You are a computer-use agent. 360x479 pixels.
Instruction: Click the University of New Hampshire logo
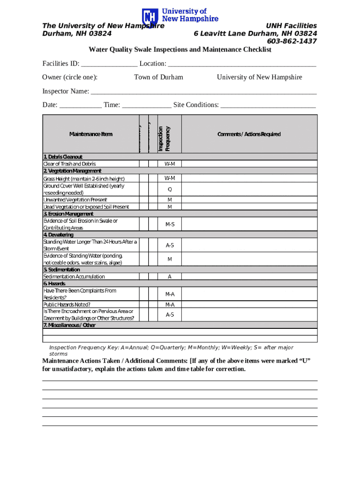pos(180,17)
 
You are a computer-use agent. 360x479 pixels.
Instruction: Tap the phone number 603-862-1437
pos(291,41)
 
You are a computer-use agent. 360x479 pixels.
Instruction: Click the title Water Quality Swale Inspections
pos(180,50)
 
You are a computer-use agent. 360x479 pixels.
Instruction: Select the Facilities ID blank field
pos(109,64)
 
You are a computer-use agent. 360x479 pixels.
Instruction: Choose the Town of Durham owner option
pos(158,77)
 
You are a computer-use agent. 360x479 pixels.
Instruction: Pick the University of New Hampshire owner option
pos(259,77)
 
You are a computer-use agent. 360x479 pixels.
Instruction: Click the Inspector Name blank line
pos(203,92)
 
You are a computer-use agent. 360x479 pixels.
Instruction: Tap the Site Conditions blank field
pos(268,105)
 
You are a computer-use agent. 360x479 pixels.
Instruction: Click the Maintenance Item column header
pos(91,134)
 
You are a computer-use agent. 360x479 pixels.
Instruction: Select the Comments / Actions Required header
pos(249,134)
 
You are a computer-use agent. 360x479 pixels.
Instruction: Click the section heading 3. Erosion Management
pos(68,214)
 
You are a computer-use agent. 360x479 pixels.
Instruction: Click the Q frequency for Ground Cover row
pos(170,189)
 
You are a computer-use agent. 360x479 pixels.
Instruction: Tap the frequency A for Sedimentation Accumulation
pos(170,277)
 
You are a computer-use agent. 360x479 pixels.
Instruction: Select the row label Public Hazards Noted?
pos(67,305)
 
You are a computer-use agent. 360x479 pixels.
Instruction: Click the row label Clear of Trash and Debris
pos(70,164)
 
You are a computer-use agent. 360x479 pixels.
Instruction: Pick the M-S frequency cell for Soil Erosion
pos(170,225)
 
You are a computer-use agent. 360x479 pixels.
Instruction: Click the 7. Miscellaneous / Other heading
pos(69,325)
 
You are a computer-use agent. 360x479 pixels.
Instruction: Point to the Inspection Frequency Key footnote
pos(171,350)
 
